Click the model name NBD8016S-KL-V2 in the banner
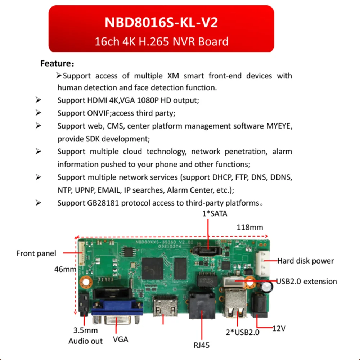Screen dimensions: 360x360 (x=161, y=22)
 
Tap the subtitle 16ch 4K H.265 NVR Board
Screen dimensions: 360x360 (x=161, y=41)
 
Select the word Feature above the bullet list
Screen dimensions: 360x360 (x=55, y=64)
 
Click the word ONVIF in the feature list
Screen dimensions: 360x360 (x=98, y=113)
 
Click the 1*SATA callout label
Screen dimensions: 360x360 (x=215, y=214)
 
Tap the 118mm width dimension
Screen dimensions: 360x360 (x=249, y=228)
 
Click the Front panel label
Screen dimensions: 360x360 (x=36, y=253)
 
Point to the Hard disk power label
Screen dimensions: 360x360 (x=305, y=261)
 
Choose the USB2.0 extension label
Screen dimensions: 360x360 (x=306, y=281)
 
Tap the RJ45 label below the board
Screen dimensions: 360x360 (x=201, y=345)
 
